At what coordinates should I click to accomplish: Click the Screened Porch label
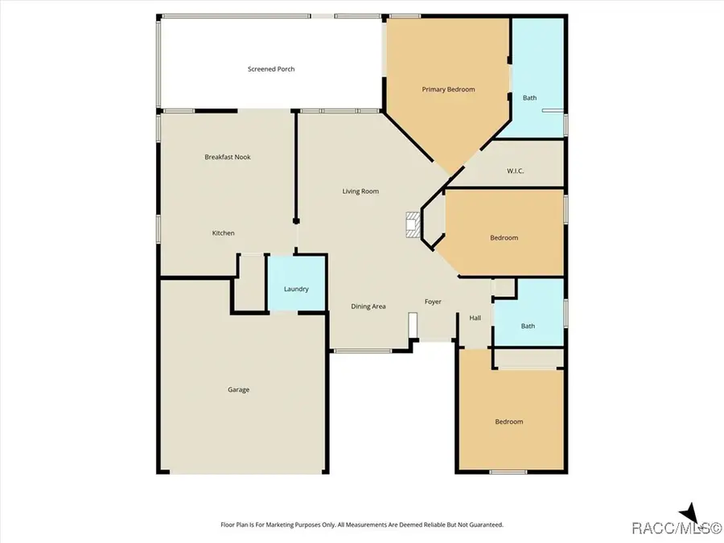pos(270,69)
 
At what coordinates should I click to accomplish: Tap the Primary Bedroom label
pos(448,89)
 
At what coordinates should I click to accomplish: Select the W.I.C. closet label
pos(516,171)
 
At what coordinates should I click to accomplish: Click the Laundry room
pos(296,289)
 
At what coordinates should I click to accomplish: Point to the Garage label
pos(238,390)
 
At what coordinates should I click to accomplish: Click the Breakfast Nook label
pos(228,157)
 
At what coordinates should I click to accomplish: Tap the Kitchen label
pos(223,233)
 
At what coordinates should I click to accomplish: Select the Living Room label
pos(360,191)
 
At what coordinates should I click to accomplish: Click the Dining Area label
pos(368,306)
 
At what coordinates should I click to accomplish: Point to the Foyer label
pos(434,302)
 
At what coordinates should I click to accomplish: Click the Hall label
pos(475,319)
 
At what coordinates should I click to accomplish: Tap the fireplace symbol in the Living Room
pos(413,226)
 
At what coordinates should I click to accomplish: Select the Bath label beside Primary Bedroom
pos(529,98)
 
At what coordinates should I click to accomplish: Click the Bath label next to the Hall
pos(528,326)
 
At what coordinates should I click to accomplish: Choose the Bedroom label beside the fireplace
pos(504,238)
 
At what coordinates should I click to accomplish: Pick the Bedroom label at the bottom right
pos(508,422)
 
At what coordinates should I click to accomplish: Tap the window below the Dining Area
pos(363,351)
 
